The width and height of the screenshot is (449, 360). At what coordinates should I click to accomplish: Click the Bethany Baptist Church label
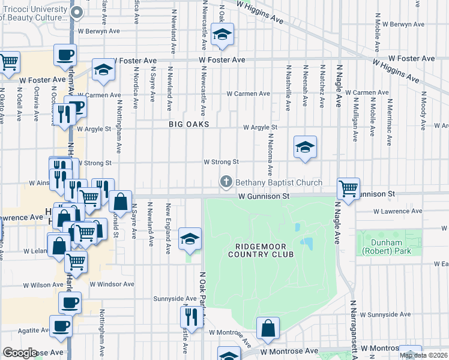click(x=279, y=182)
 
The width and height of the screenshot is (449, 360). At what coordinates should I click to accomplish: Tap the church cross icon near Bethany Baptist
click(x=226, y=182)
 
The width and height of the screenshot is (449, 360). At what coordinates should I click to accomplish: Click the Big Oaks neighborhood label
click(x=189, y=124)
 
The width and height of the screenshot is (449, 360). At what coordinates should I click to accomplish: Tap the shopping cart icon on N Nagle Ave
click(x=348, y=188)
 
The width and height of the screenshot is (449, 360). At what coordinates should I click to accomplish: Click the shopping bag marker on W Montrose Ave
click(x=268, y=328)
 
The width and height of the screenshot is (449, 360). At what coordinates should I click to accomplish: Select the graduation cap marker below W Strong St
click(x=305, y=147)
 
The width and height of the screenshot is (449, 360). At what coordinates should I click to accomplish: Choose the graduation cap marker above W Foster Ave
click(x=222, y=36)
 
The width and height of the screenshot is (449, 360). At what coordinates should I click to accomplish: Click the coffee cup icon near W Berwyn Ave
click(x=65, y=55)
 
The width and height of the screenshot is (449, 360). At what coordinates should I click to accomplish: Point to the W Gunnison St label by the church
click(x=264, y=196)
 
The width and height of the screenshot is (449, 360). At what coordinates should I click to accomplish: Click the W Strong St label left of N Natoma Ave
click(x=221, y=162)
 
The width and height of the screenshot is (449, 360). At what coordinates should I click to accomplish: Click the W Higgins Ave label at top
click(x=259, y=11)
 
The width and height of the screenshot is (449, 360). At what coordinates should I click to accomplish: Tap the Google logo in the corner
click(x=20, y=353)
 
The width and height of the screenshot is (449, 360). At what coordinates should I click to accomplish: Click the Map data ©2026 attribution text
click(x=424, y=355)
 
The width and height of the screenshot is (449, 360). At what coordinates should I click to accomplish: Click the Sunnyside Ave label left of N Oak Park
click(x=175, y=298)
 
